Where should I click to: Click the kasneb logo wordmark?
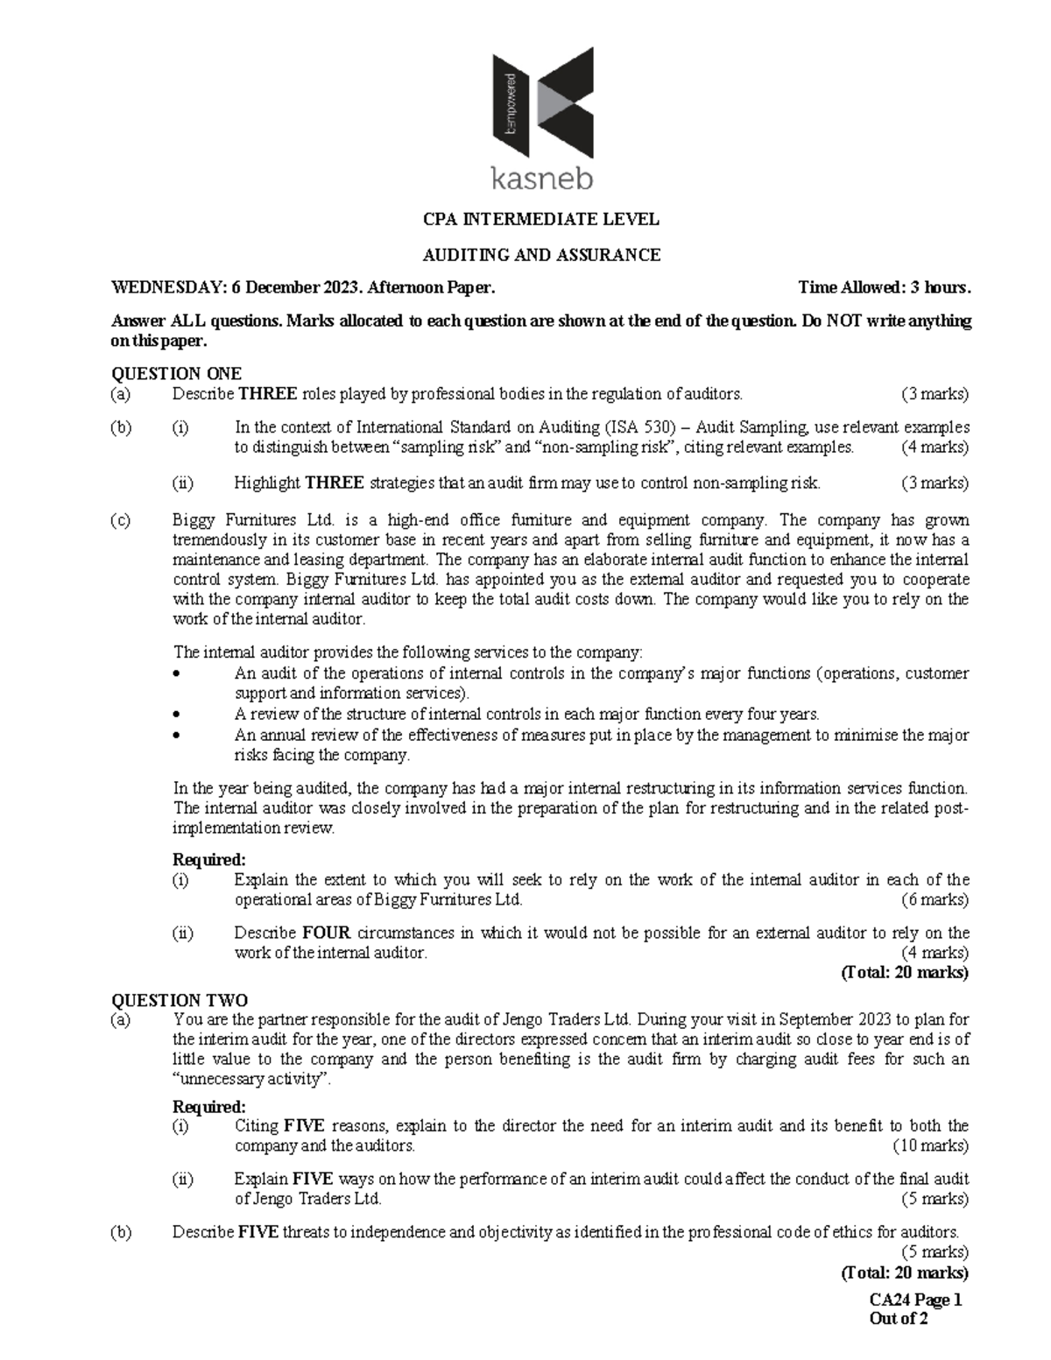[x=541, y=180]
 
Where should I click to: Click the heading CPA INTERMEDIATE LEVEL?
[x=541, y=219]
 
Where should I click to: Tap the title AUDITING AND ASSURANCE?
[x=541, y=255]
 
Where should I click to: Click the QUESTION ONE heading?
[x=176, y=374]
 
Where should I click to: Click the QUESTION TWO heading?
[x=179, y=1000]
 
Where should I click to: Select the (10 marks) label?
[x=930, y=1145]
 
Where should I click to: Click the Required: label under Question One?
[x=209, y=860]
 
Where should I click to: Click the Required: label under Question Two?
[x=209, y=1106]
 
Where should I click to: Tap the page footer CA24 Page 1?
[x=914, y=1300]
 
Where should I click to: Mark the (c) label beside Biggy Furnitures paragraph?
[x=120, y=520]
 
